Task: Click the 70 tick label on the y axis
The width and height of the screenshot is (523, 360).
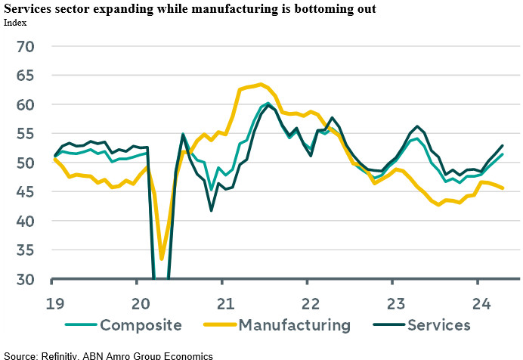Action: click(26, 47)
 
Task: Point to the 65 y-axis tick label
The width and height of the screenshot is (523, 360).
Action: click(26, 76)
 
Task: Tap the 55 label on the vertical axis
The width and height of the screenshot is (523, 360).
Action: click(26, 134)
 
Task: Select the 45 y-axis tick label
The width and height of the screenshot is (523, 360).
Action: click(26, 192)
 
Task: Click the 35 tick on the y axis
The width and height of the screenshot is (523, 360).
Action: click(26, 250)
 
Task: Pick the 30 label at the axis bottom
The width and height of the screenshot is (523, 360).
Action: click(26, 279)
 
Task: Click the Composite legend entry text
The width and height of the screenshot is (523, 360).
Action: click(141, 325)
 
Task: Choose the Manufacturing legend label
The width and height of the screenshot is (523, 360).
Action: click(294, 325)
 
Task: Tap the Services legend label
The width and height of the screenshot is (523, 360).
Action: click(438, 325)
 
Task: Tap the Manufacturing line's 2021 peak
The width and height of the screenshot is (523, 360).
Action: click(260, 84)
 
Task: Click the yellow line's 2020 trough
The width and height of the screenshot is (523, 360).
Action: click(162, 259)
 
